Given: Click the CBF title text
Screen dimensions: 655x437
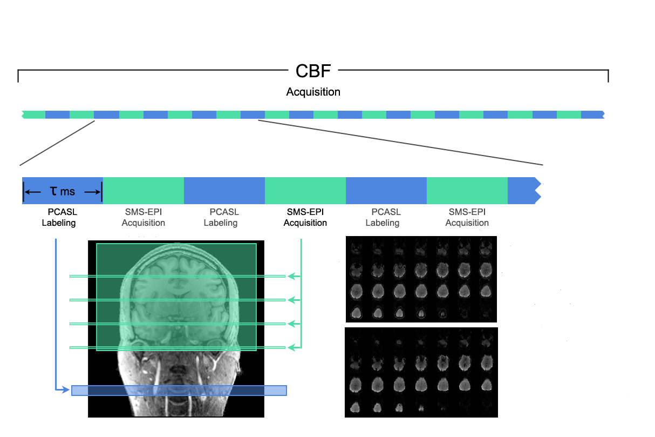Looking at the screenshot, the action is [x=313, y=71].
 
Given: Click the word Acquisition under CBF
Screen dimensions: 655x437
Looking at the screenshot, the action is [x=313, y=92].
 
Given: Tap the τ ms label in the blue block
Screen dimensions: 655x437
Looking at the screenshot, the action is [x=62, y=191].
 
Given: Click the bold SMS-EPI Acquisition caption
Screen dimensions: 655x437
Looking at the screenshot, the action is [x=305, y=217].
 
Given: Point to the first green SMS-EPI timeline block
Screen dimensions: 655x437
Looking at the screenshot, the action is [x=144, y=191].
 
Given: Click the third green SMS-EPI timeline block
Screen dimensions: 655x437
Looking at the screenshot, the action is [x=467, y=191].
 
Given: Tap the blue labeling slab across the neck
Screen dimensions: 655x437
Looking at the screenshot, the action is [x=179, y=391].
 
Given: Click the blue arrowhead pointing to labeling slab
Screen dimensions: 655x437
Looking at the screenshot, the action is [x=66, y=389].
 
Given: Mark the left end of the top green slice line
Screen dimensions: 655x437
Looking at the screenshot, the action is [x=70, y=276].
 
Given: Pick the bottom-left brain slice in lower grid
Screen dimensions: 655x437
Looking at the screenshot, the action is [x=355, y=407].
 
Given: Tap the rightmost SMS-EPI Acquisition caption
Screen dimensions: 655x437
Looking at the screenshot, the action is [x=467, y=217].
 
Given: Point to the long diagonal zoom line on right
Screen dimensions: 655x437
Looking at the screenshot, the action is [x=400, y=143].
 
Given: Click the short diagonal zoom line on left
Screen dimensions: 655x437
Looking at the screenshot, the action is [x=57, y=143].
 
